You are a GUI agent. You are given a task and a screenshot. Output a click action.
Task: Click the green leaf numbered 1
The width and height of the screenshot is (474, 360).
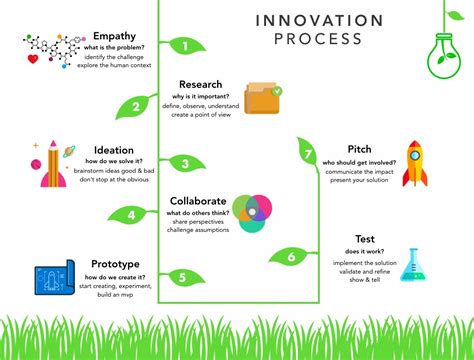tap(182, 45)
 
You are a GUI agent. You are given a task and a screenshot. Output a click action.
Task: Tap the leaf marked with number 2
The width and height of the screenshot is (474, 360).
tap(136, 107)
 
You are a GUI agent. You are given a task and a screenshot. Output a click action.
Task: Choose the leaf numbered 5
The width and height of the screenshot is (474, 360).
tap(180, 278)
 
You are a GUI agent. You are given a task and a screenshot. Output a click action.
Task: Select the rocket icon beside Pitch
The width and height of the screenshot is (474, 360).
tap(416, 163)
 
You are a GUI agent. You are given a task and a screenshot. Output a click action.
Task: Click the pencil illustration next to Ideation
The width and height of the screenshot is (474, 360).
tap(49, 166)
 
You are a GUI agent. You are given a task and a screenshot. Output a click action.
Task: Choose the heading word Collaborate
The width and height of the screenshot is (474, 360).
tap(198, 201)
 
